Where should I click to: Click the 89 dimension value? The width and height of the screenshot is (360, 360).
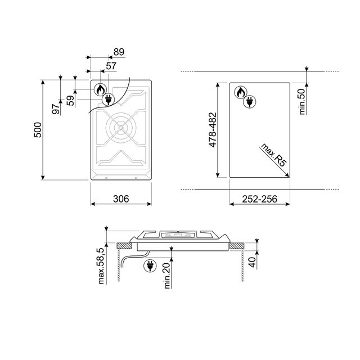click(x=118, y=52)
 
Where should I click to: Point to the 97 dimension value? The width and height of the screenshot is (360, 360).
click(x=56, y=109)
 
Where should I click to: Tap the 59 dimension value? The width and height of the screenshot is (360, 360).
click(x=70, y=101)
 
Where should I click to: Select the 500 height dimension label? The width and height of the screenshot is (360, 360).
click(x=38, y=131)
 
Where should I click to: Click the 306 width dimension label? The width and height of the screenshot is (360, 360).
click(x=121, y=199)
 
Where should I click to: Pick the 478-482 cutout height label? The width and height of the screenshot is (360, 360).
click(x=213, y=133)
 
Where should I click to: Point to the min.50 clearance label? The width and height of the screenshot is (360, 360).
click(x=301, y=101)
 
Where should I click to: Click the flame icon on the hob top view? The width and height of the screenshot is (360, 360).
click(x=100, y=89)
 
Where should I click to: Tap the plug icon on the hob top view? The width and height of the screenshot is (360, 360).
click(x=107, y=100)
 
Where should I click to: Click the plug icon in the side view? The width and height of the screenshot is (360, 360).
click(x=150, y=265)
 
